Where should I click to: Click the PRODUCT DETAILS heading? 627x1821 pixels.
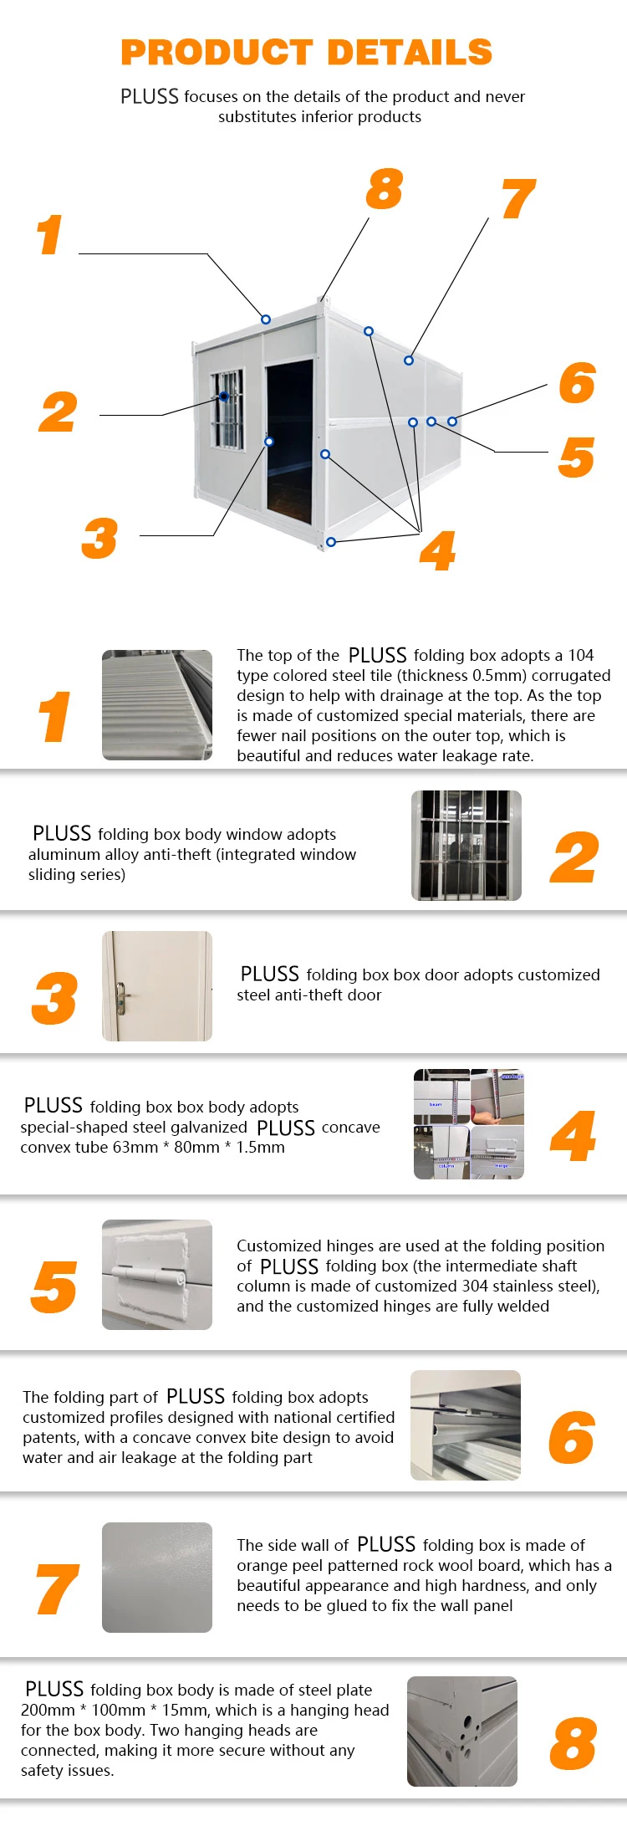click(x=306, y=52)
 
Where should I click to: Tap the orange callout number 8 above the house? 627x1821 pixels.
click(x=384, y=189)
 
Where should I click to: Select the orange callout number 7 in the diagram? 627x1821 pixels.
click(x=518, y=200)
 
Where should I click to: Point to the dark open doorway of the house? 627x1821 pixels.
click(x=290, y=435)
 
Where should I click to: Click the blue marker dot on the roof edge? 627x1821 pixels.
click(x=266, y=320)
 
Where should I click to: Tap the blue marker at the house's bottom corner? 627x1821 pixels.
click(x=331, y=542)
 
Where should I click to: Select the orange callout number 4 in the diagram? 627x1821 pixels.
click(x=438, y=551)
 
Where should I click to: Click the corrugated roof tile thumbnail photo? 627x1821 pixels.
click(x=157, y=705)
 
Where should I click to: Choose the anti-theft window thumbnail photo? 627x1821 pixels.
click(x=466, y=846)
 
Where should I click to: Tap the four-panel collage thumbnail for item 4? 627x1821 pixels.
click(x=468, y=1123)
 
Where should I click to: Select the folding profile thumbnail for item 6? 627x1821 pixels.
click(x=466, y=1425)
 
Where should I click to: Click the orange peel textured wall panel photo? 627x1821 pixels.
click(x=157, y=1578)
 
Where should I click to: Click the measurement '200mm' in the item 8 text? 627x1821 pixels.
click(x=47, y=1711)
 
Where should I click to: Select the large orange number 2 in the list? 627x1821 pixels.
click(x=574, y=858)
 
